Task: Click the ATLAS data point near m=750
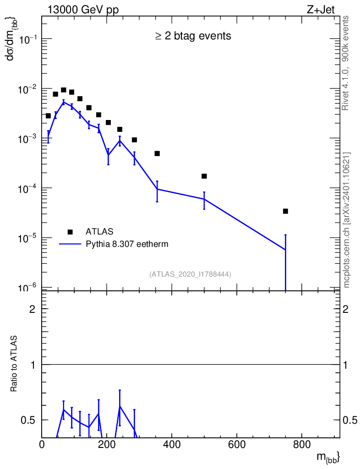coord(285,211)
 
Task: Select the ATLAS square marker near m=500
coord(204,176)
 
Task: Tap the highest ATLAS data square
coord(63,90)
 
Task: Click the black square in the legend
coord(70,232)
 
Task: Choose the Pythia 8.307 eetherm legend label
coord(127,244)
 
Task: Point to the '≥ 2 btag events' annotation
coord(193,36)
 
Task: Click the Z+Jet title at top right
coord(321,10)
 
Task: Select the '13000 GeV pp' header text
coord(83,10)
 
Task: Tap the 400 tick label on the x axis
coord(172,444)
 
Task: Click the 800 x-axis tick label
coord(302,444)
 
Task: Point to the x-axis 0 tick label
coord(42,444)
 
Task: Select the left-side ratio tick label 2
coord(32,309)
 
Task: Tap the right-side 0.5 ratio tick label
coord(349,420)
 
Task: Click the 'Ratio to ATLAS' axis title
coord(14,364)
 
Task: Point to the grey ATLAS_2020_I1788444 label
coord(190,274)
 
